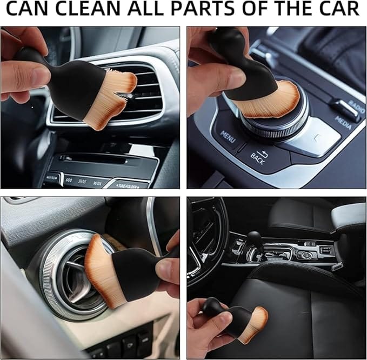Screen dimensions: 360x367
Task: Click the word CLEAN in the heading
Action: point(83,10)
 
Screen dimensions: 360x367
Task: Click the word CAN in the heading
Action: point(25,10)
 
